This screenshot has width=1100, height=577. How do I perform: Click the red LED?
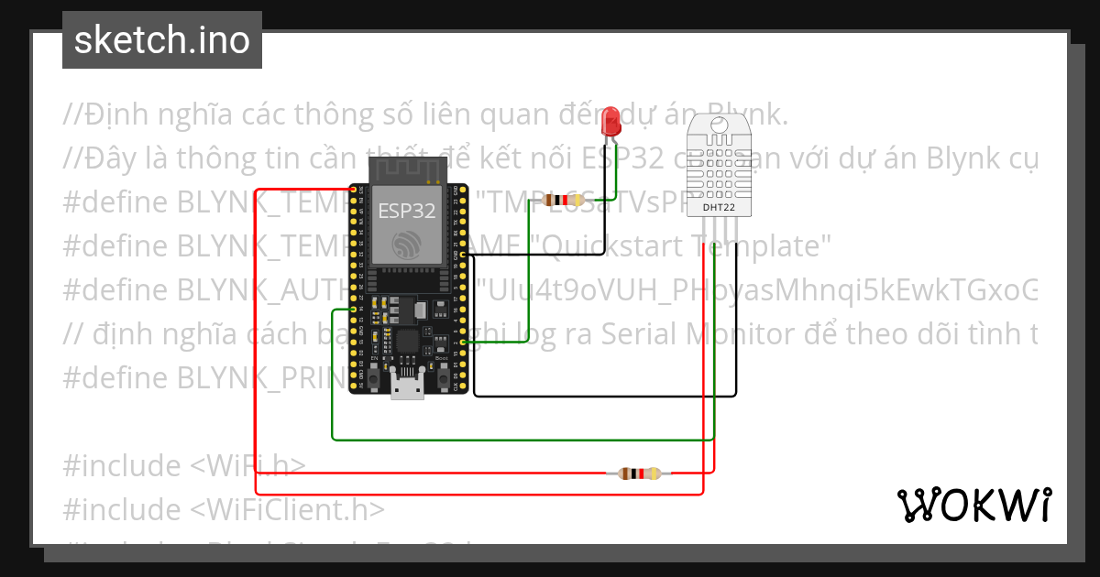pos(610,122)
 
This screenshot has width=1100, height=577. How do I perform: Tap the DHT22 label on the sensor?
pos(718,208)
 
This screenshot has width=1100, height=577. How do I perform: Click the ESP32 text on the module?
pos(407,212)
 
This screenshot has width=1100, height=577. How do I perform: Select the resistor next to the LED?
pos(557,200)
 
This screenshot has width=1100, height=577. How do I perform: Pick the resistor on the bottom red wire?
pos(638,474)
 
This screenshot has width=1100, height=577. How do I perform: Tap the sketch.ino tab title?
pos(162,40)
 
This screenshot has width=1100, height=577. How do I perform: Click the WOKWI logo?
pos(973,505)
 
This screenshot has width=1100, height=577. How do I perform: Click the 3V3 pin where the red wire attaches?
pos(354,190)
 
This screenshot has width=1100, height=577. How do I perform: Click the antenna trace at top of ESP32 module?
pos(407,171)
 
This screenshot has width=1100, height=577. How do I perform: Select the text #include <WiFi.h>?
pos(184,466)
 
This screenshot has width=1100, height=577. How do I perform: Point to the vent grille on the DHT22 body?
pos(718,165)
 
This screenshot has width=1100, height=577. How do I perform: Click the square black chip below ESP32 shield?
pos(406,343)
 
